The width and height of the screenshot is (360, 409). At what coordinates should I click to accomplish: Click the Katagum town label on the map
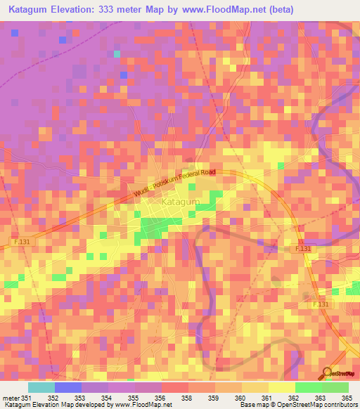pos(181,202)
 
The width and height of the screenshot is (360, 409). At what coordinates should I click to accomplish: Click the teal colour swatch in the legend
pos(41,387)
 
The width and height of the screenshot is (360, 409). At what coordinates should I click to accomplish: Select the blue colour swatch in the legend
pos(68,387)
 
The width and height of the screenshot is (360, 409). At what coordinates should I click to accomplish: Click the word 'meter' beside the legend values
pos(12,397)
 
